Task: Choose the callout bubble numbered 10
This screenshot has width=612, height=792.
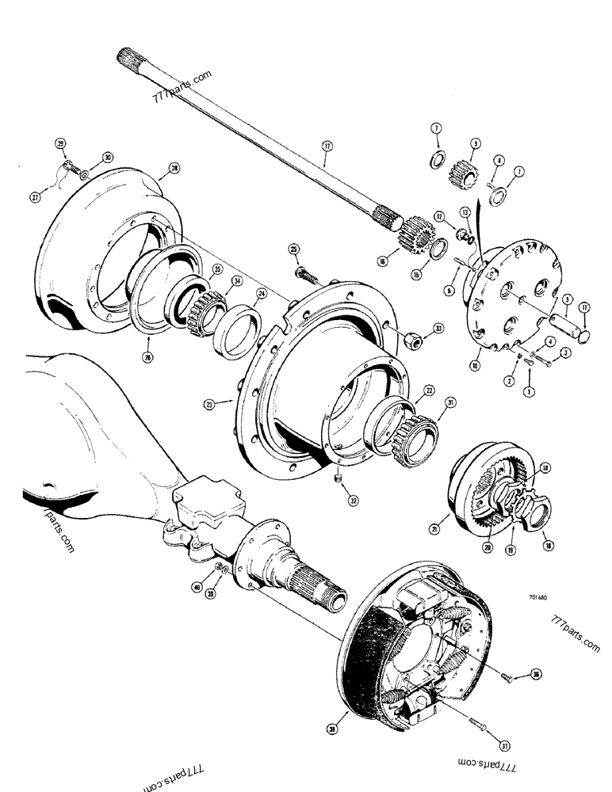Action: pyautogui.click(x=474, y=366)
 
